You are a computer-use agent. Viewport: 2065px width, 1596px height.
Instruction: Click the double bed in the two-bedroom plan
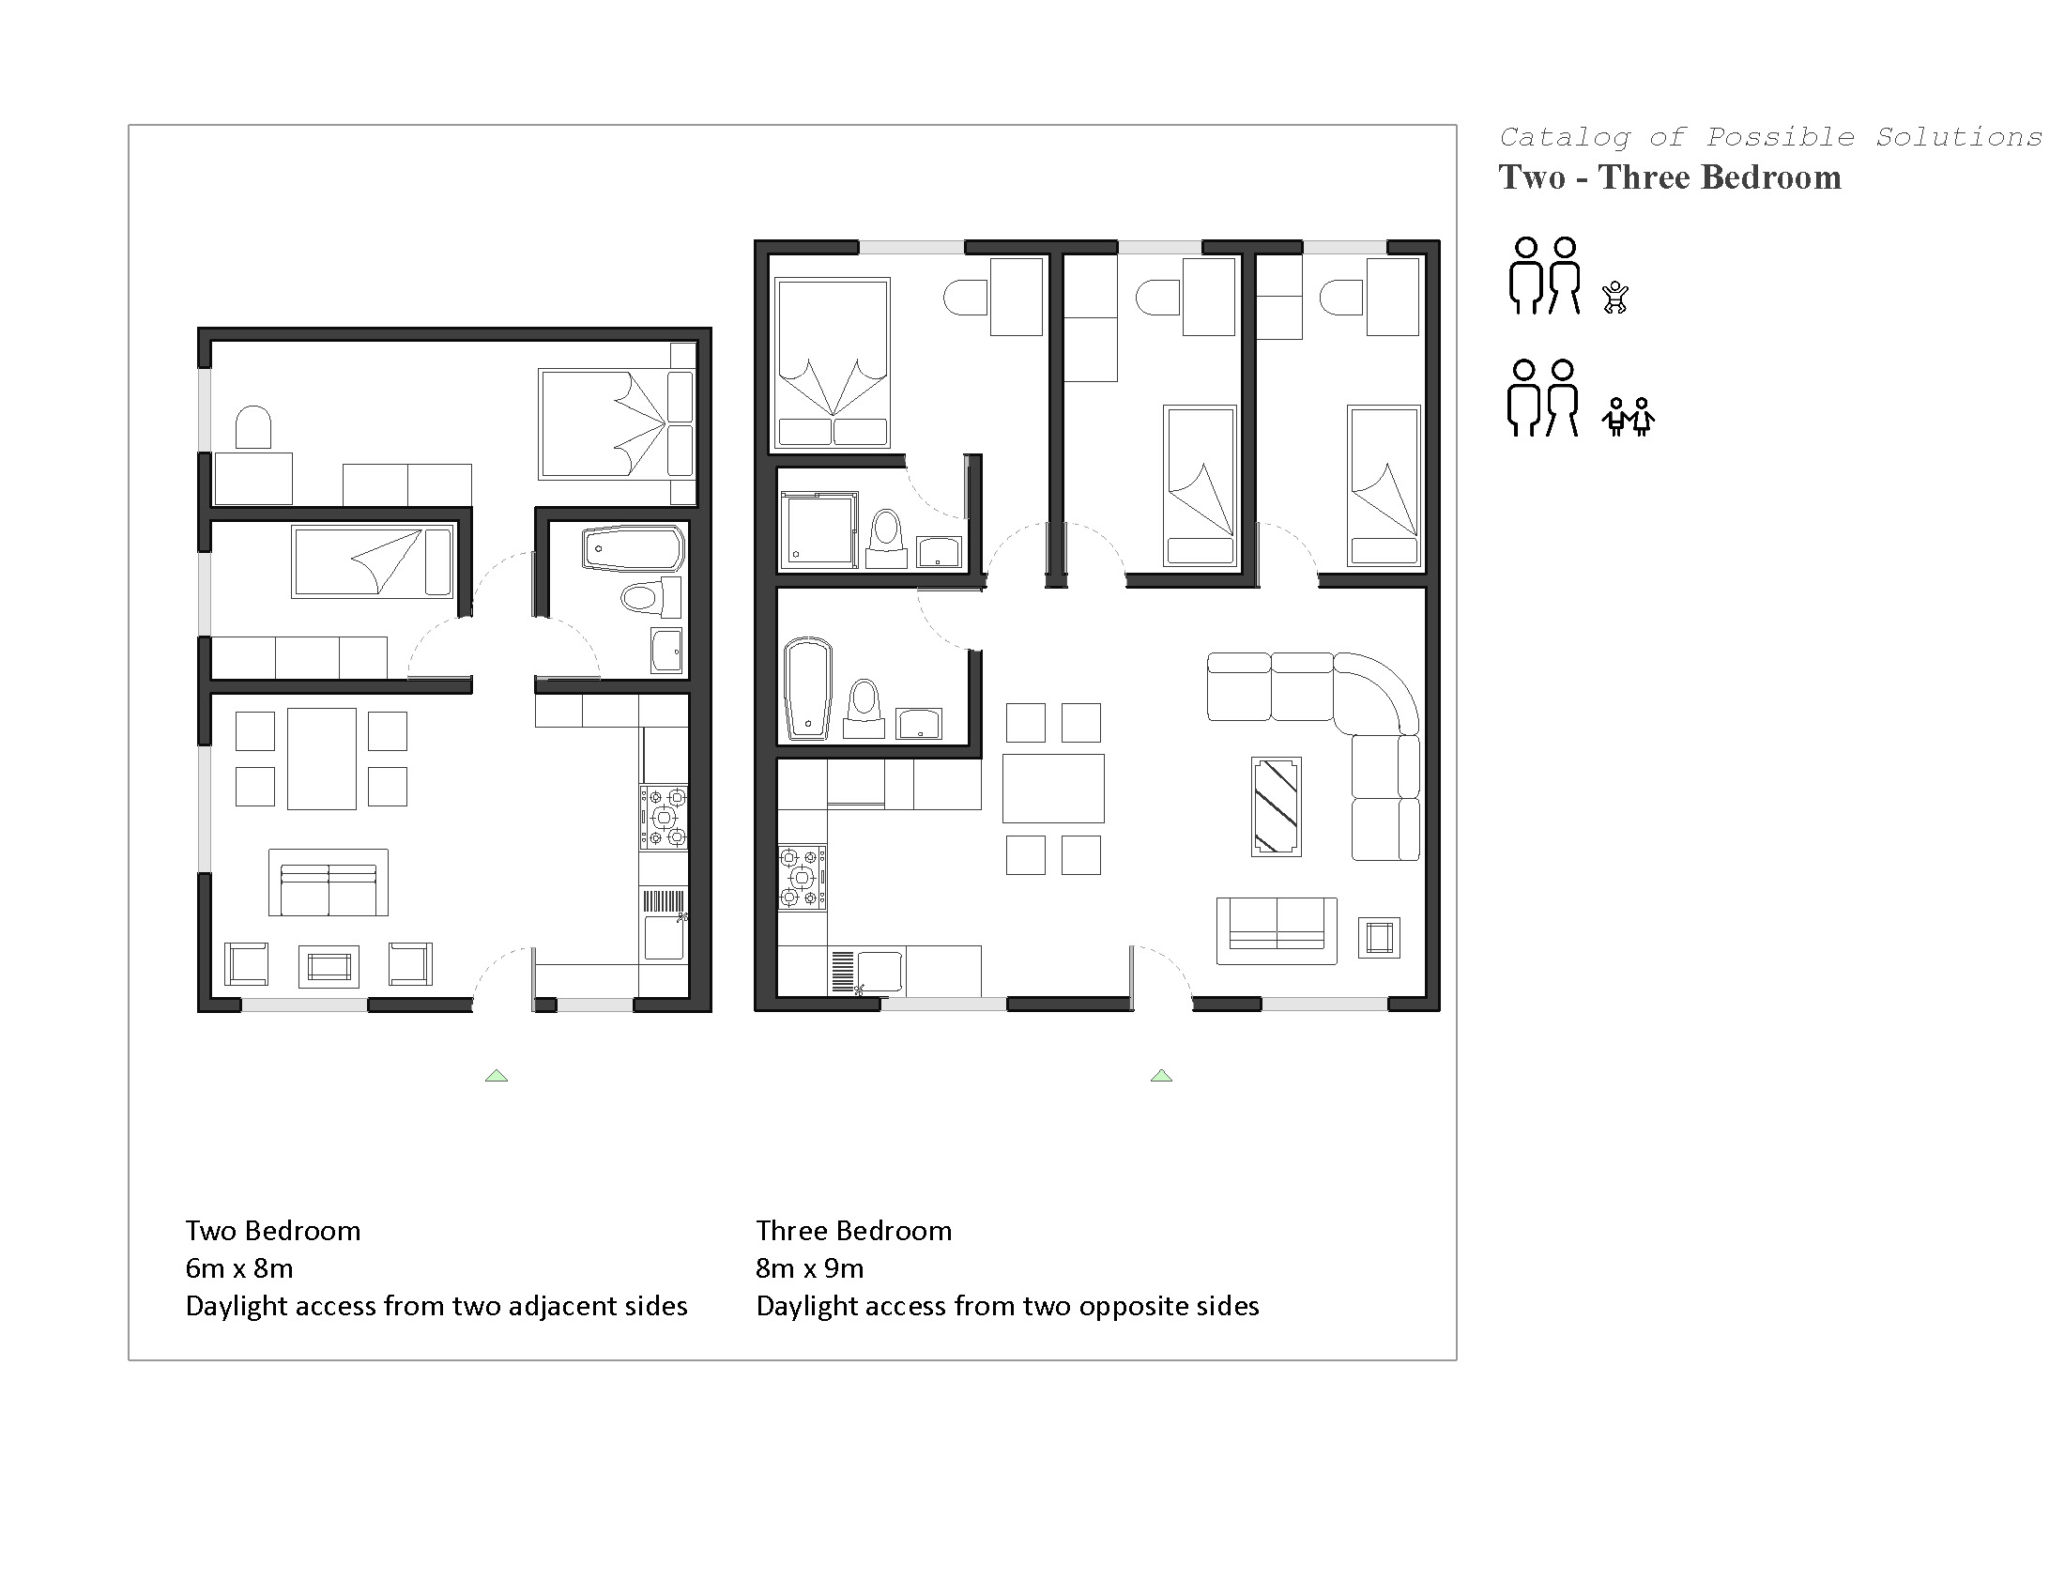click(617, 424)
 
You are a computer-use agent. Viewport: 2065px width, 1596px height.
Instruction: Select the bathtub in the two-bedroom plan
click(634, 548)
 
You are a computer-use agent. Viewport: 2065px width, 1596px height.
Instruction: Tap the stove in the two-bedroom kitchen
click(664, 817)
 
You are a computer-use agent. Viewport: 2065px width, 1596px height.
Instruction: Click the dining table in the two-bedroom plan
click(321, 759)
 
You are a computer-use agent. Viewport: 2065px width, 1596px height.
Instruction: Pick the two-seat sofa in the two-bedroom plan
click(329, 883)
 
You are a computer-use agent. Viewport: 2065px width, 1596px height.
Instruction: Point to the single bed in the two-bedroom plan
click(373, 562)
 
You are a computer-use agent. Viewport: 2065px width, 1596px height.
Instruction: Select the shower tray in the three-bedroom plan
click(818, 529)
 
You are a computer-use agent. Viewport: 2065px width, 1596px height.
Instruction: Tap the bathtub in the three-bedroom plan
click(808, 687)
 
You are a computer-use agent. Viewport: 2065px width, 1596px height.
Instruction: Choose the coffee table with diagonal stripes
click(1277, 806)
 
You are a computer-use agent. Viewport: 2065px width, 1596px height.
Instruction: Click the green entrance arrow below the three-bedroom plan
click(1161, 1075)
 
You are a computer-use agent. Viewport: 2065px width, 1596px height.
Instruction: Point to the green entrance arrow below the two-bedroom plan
click(497, 1075)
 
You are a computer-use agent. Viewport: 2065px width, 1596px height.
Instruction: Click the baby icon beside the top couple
click(1615, 297)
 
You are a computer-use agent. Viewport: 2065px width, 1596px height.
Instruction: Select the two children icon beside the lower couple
click(1629, 416)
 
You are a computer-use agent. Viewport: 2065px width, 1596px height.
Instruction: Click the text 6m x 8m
click(239, 1268)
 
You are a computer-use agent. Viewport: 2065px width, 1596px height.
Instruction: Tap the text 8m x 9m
click(809, 1268)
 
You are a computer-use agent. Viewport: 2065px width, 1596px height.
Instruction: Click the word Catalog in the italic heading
click(1565, 138)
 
